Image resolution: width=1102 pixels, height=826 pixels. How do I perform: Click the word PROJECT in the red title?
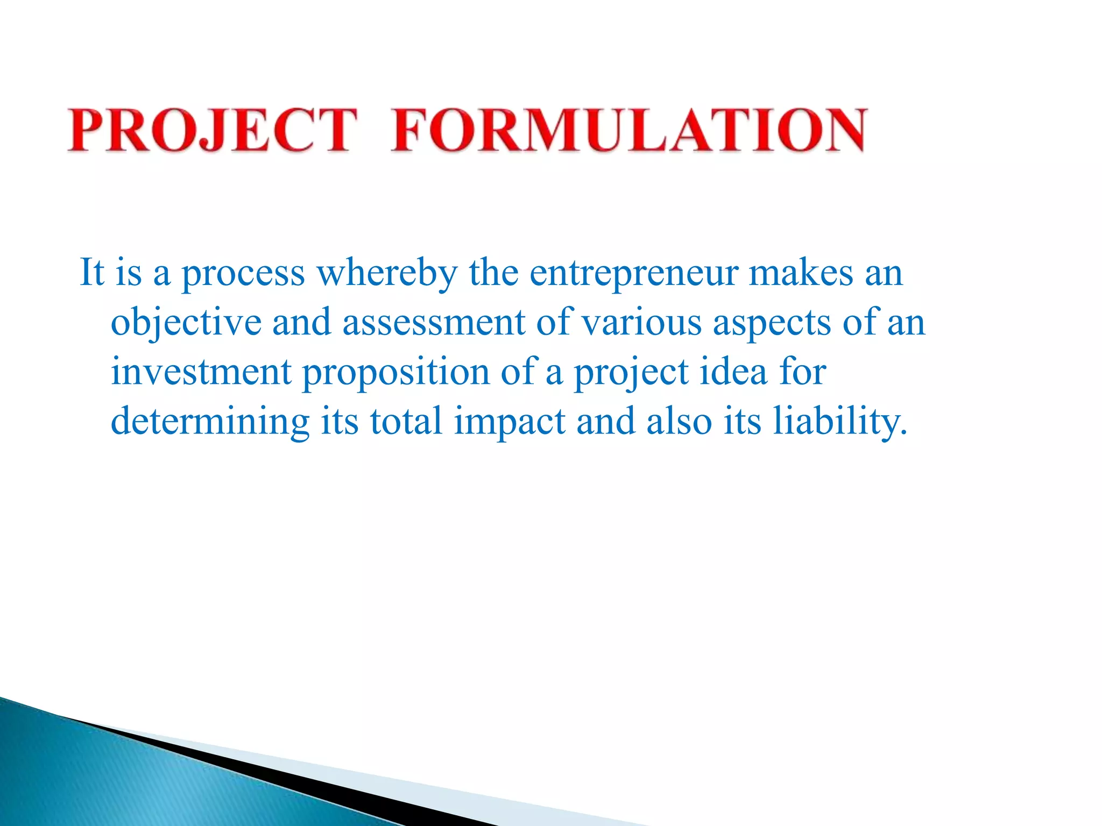212,130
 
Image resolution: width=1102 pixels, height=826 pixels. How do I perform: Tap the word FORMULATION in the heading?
628,130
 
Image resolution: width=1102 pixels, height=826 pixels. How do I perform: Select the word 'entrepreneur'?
633,273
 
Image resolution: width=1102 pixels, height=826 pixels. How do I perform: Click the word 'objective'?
186,323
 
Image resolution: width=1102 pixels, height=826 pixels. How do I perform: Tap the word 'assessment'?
433,322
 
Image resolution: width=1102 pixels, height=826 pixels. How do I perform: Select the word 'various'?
642,322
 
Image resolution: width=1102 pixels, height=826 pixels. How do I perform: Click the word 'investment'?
201,372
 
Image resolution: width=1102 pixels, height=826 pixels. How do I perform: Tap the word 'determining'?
210,422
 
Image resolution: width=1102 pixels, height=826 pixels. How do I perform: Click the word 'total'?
406,421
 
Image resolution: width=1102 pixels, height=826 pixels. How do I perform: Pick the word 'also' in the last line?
679,421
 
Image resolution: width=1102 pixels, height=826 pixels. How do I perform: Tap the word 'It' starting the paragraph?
91,273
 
